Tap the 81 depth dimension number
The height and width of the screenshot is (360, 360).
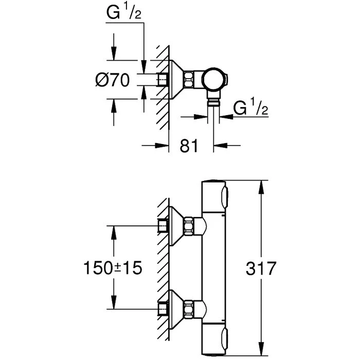189,146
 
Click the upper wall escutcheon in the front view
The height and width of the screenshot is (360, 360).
177,225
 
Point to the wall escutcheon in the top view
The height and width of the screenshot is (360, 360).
178,79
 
